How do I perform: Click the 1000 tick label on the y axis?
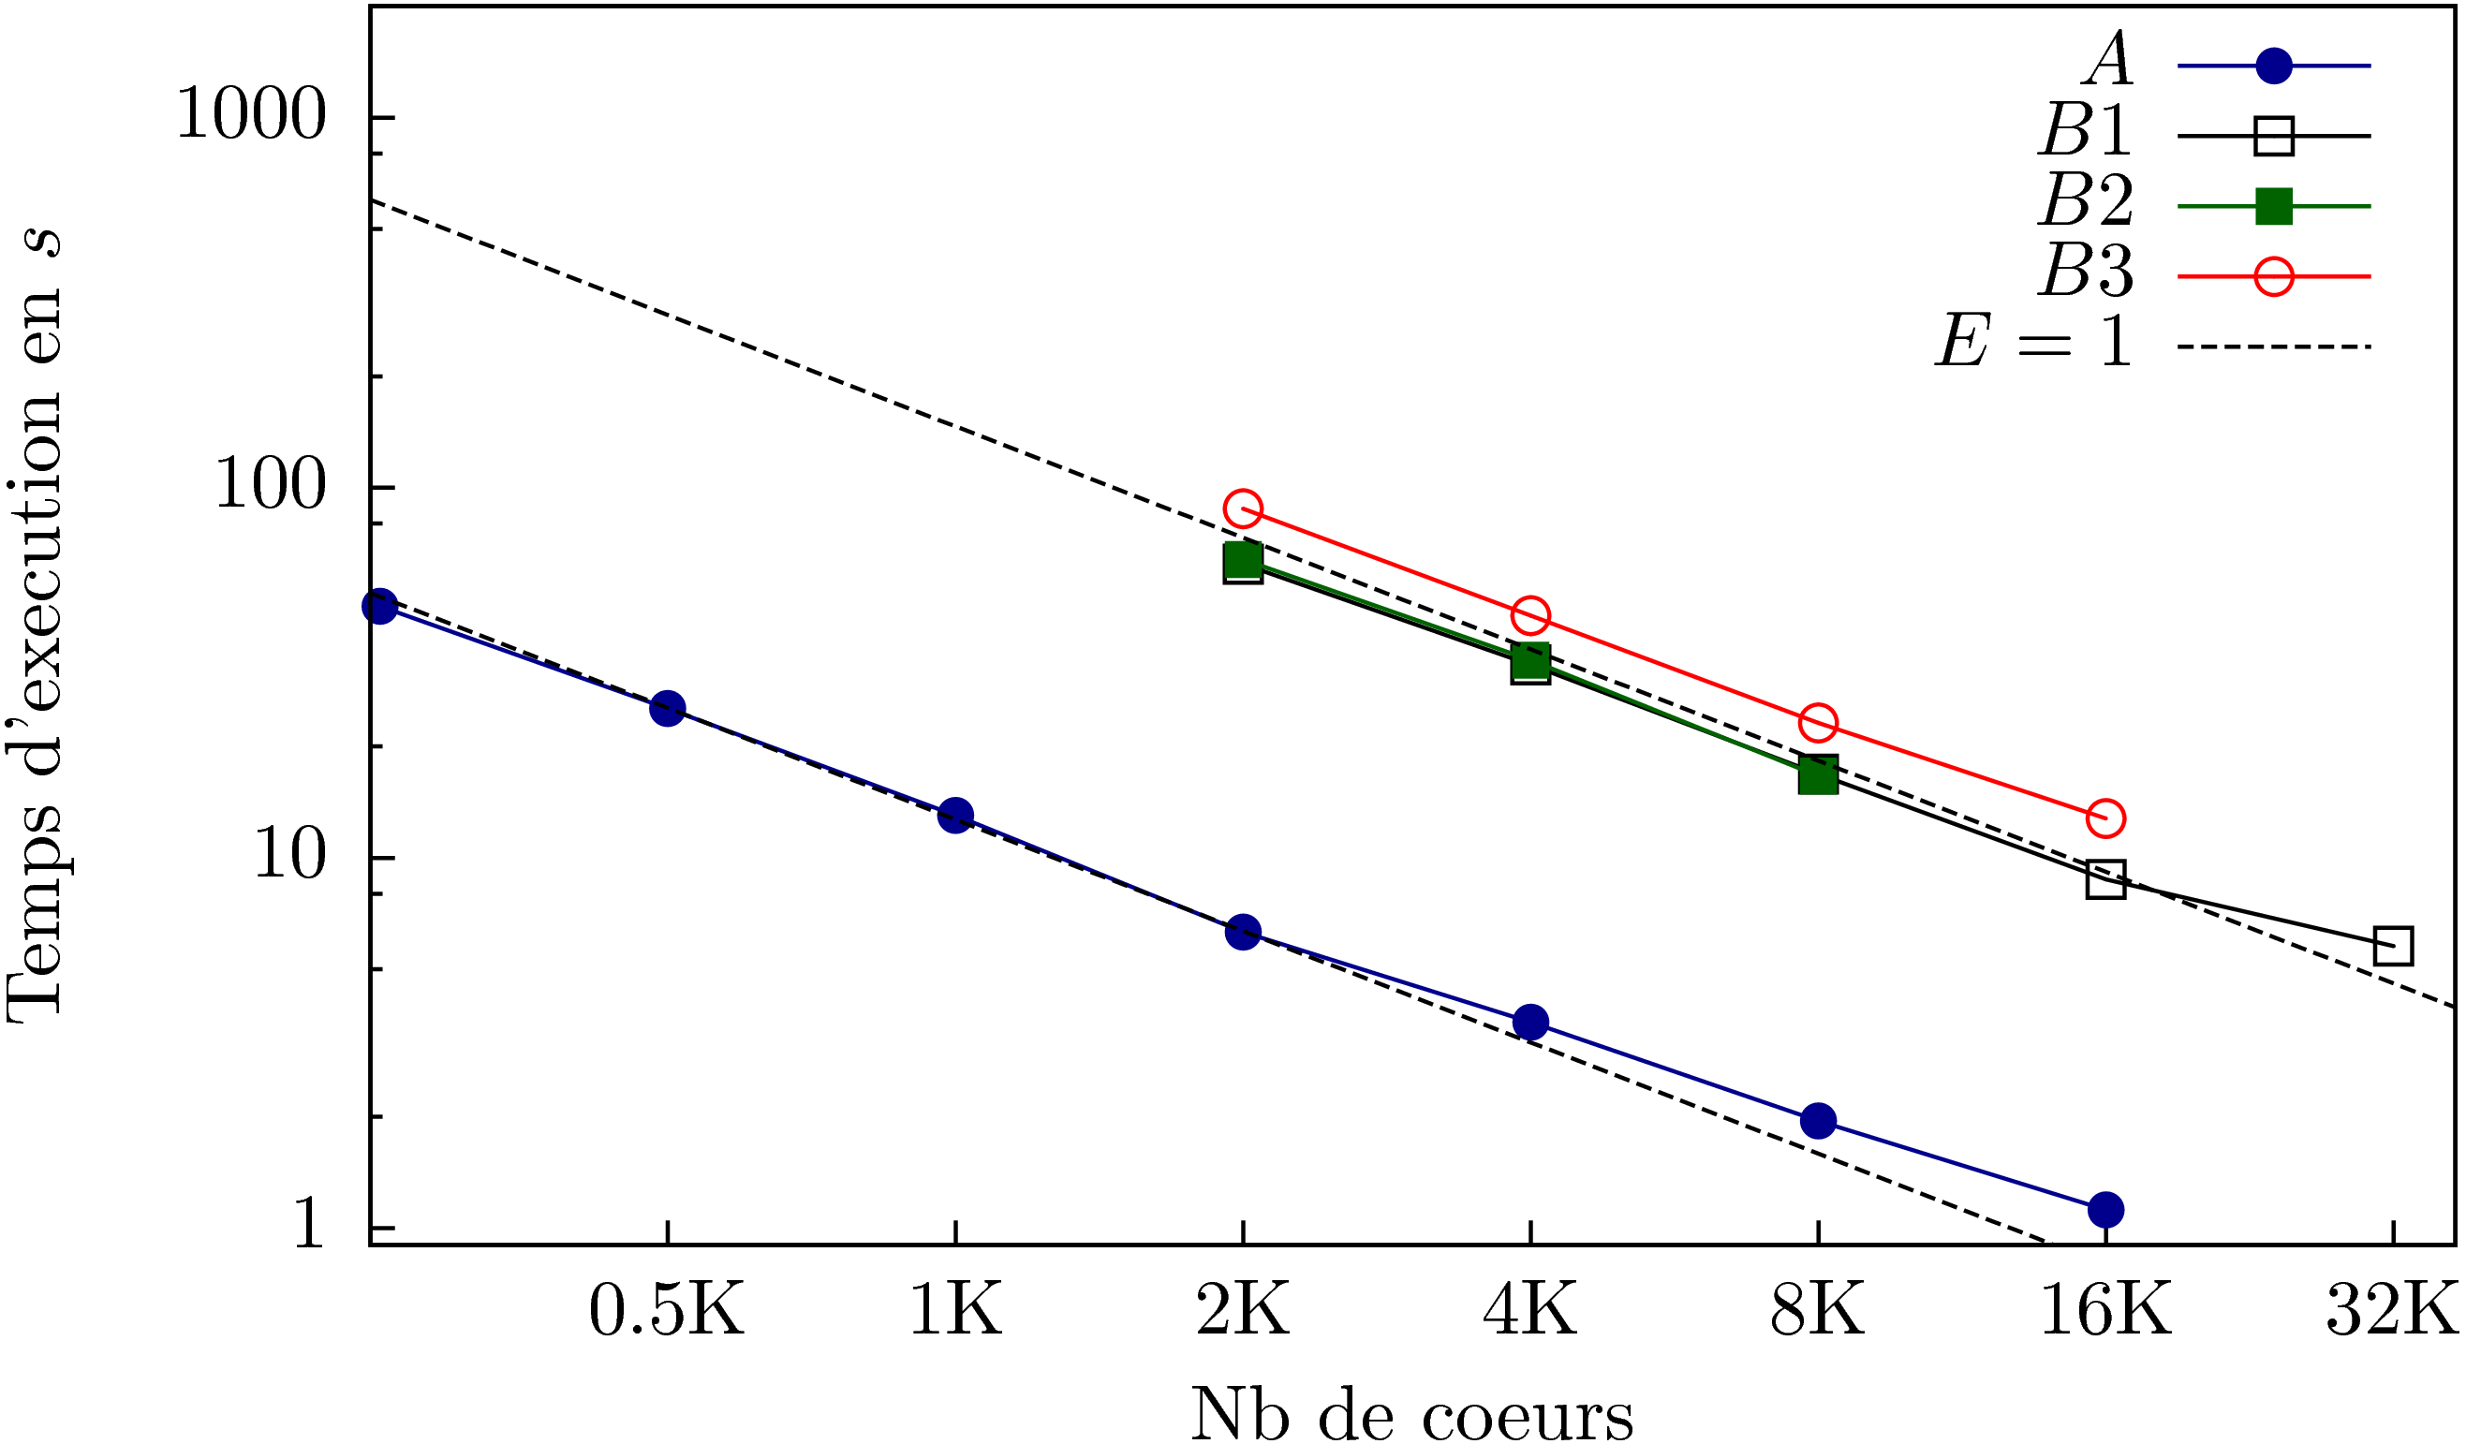point(250,117)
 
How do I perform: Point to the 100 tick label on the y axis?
point(269,486)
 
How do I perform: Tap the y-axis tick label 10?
point(288,857)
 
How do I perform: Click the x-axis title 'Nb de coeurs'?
point(1412,1414)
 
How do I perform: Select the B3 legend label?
point(2087,271)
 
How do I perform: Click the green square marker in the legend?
point(2273,206)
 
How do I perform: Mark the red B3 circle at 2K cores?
point(1243,508)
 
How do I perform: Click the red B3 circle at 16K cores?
point(2105,818)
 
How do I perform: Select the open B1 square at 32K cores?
point(2394,946)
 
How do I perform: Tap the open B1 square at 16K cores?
point(2105,879)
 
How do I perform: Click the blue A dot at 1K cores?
point(955,815)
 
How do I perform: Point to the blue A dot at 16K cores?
point(2105,1210)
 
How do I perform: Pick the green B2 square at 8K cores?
point(1818,775)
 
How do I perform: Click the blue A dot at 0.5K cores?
point(668,707)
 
